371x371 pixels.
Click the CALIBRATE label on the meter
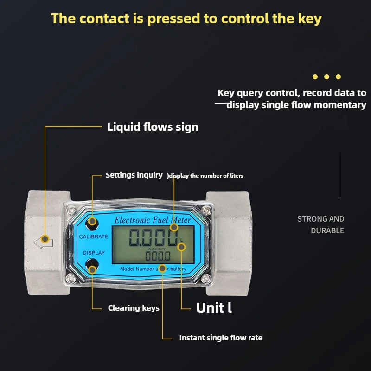tap(94, 237)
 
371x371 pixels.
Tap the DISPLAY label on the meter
tap(94, 253)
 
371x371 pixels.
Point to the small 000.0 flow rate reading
tap(158, 256)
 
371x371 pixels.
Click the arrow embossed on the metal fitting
tap(43, 243)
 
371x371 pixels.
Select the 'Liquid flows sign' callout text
tap(153, 127)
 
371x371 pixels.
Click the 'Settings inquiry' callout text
tap(134, 175)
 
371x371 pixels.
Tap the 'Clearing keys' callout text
tap(134, 308)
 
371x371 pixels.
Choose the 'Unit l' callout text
tap(214, 307)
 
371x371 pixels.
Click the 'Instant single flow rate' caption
tap(221, 338)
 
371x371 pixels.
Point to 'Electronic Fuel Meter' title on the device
tap(153, 220)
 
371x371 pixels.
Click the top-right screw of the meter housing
tap(206, 210)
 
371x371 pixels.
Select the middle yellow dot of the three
tap(327, 77)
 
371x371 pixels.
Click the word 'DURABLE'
tap(327, 230)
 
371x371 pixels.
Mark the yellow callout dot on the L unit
tap(181, 247)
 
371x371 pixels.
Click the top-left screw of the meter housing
tap(71, 210)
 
